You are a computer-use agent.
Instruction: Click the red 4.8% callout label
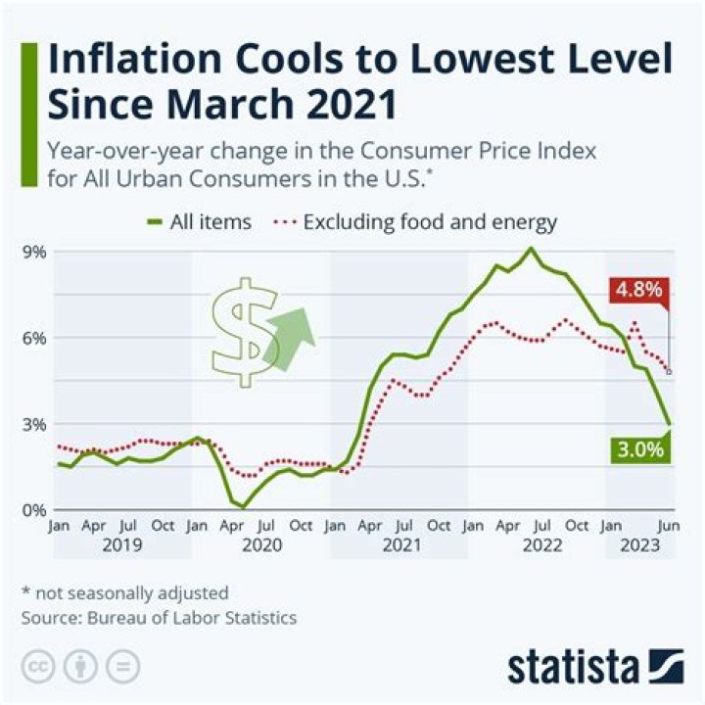(637, 290)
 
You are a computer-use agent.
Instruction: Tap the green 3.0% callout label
(640, 449)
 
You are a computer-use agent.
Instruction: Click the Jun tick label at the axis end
(667, 526)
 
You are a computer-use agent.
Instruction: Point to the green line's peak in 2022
(531, 248)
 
